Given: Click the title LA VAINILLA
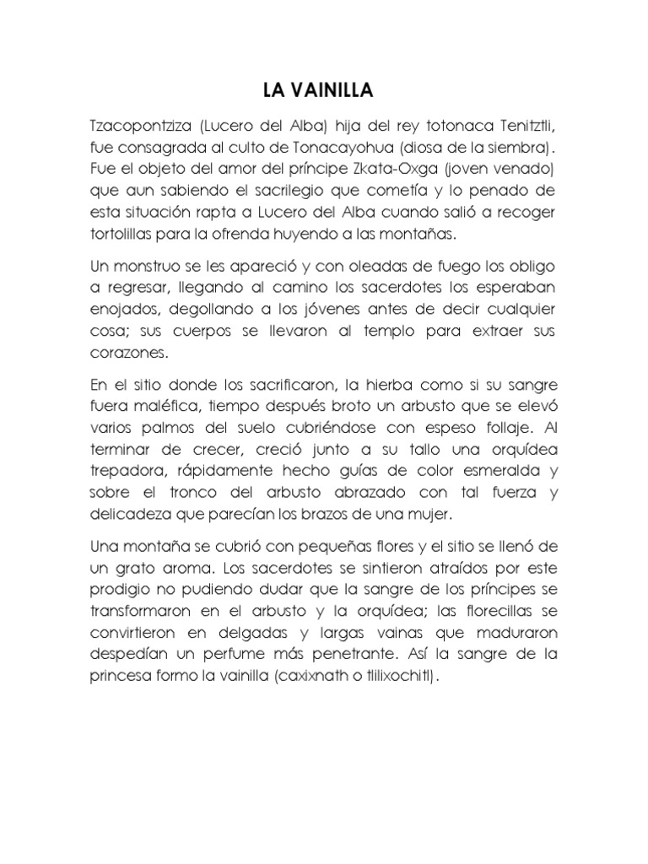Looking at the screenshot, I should (323, 90).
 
